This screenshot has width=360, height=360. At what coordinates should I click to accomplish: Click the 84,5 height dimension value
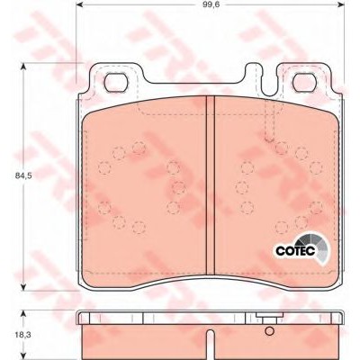(x=23, y=176)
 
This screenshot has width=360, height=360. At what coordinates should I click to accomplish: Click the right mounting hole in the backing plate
(x=305, y=83)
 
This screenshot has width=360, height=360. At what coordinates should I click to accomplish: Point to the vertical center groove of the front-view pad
(x=211, y=185)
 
